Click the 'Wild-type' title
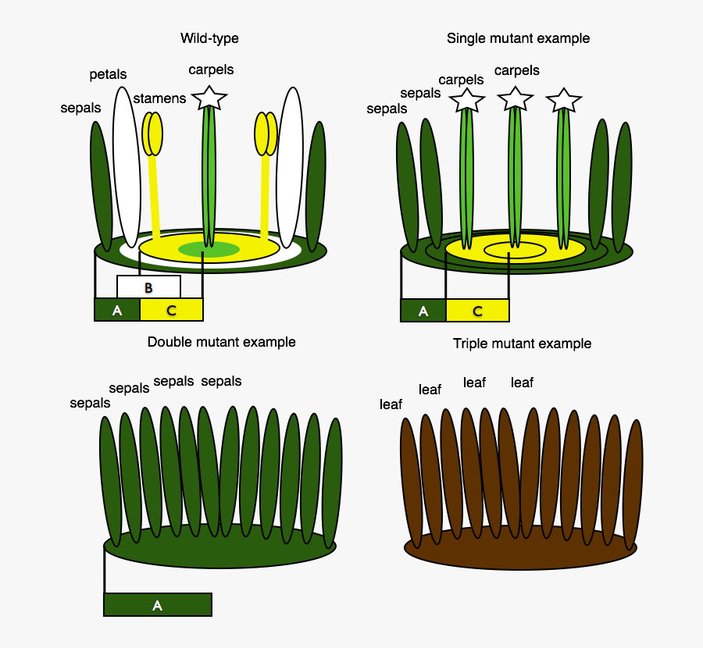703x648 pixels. point(209,38)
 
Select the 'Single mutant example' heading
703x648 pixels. point(518,38)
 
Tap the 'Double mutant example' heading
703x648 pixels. point(221,342)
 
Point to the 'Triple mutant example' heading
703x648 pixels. point(522,344)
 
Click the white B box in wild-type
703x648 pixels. point(148,287)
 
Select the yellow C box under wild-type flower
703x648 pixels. point(172,310)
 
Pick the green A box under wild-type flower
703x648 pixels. point(117,310)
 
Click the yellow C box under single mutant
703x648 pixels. point(477,311)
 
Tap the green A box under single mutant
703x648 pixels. point(423,311)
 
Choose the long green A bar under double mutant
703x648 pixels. point(157,605)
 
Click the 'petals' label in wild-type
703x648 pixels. point(108,75)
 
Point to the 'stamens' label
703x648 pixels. point(159,98)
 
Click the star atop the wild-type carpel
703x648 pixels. point(209,98)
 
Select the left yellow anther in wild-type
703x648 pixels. point(152,134)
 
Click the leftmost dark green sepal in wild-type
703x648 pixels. point(102,186)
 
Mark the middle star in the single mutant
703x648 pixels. point(515,99)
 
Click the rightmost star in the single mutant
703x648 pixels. point(563,101)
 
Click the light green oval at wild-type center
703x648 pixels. point(209,250)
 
